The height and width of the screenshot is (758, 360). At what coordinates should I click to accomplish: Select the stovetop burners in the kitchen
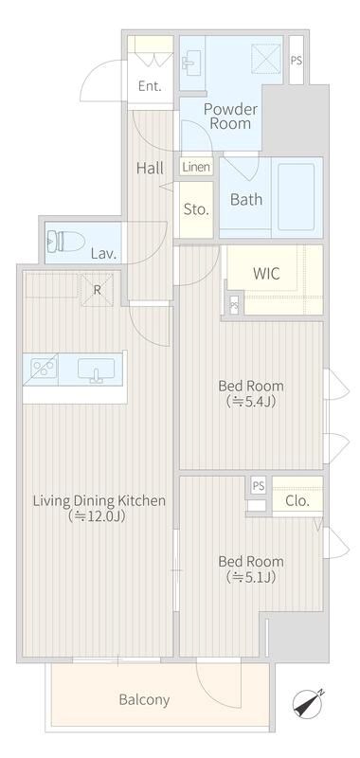click(43, 367)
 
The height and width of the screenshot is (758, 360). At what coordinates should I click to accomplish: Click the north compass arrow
click(309, 704)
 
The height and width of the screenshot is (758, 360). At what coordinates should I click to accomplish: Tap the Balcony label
click(144, 700)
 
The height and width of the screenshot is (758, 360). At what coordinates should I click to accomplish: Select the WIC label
click(265, 273)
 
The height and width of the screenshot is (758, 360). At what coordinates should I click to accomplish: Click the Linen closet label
click(196, 167)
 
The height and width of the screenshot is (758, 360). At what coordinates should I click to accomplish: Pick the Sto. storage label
click(196, 208)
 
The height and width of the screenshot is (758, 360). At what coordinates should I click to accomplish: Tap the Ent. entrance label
click(150, 86)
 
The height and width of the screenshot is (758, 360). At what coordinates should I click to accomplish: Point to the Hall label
click(150, 168)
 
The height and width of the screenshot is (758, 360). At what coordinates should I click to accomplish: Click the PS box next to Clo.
click(258, 486)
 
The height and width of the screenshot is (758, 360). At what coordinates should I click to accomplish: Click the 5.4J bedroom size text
click(251, 401)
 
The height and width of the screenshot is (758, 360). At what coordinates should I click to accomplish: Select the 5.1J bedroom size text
click(251, 576)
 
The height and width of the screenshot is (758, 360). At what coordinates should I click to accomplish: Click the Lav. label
click(102, 254)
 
